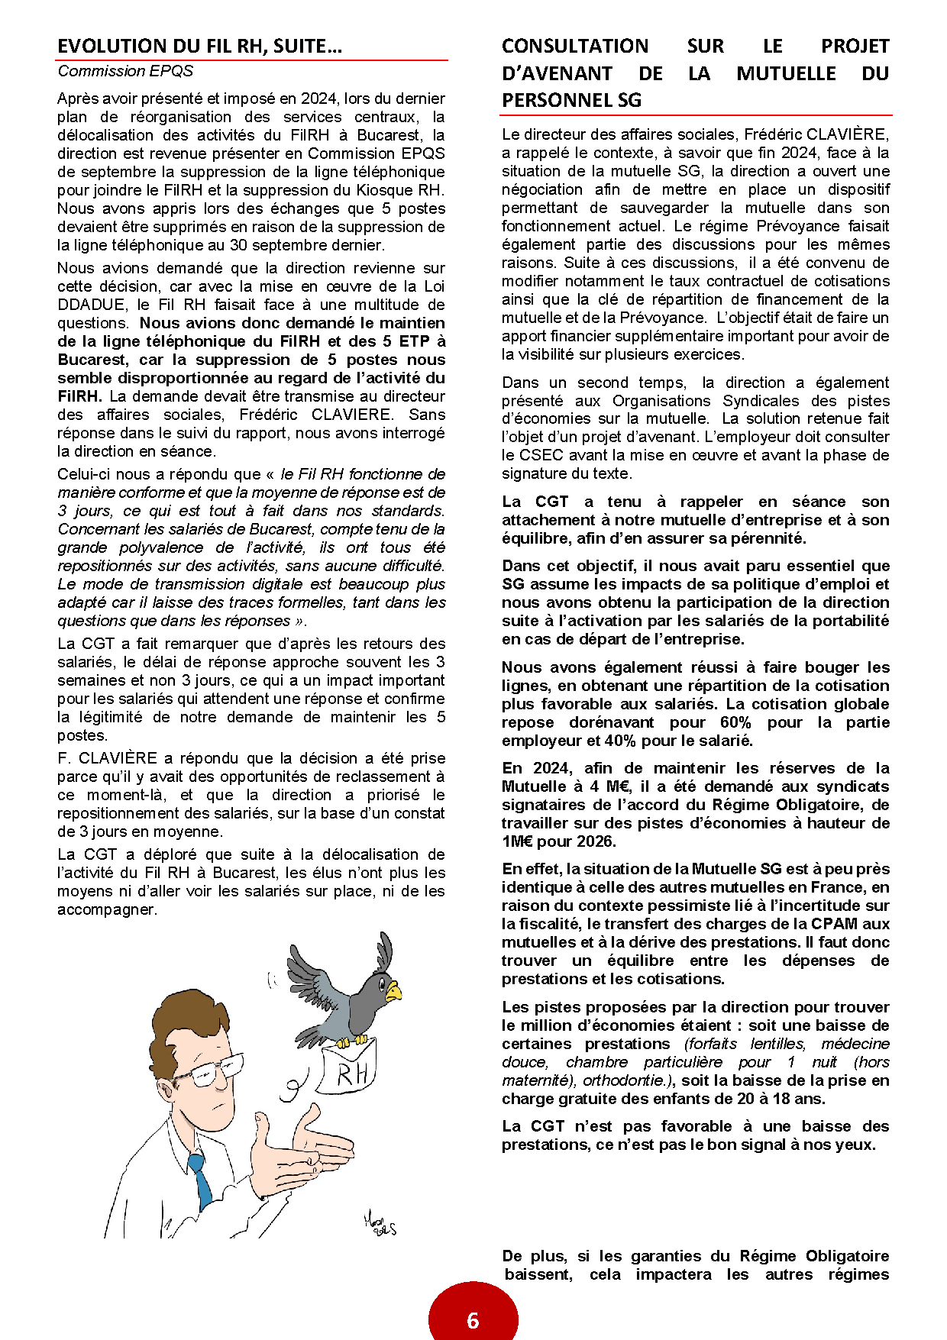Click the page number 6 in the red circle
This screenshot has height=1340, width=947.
[473, 1320]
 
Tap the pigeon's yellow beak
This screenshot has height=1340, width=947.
[393, 993]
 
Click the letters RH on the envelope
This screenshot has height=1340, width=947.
[352, 1074]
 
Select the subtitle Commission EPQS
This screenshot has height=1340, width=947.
[125, 71]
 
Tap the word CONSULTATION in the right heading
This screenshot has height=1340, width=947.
[575, 47]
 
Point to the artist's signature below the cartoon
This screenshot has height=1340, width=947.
[380, 1225]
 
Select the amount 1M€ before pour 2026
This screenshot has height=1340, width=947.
[518, 841]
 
